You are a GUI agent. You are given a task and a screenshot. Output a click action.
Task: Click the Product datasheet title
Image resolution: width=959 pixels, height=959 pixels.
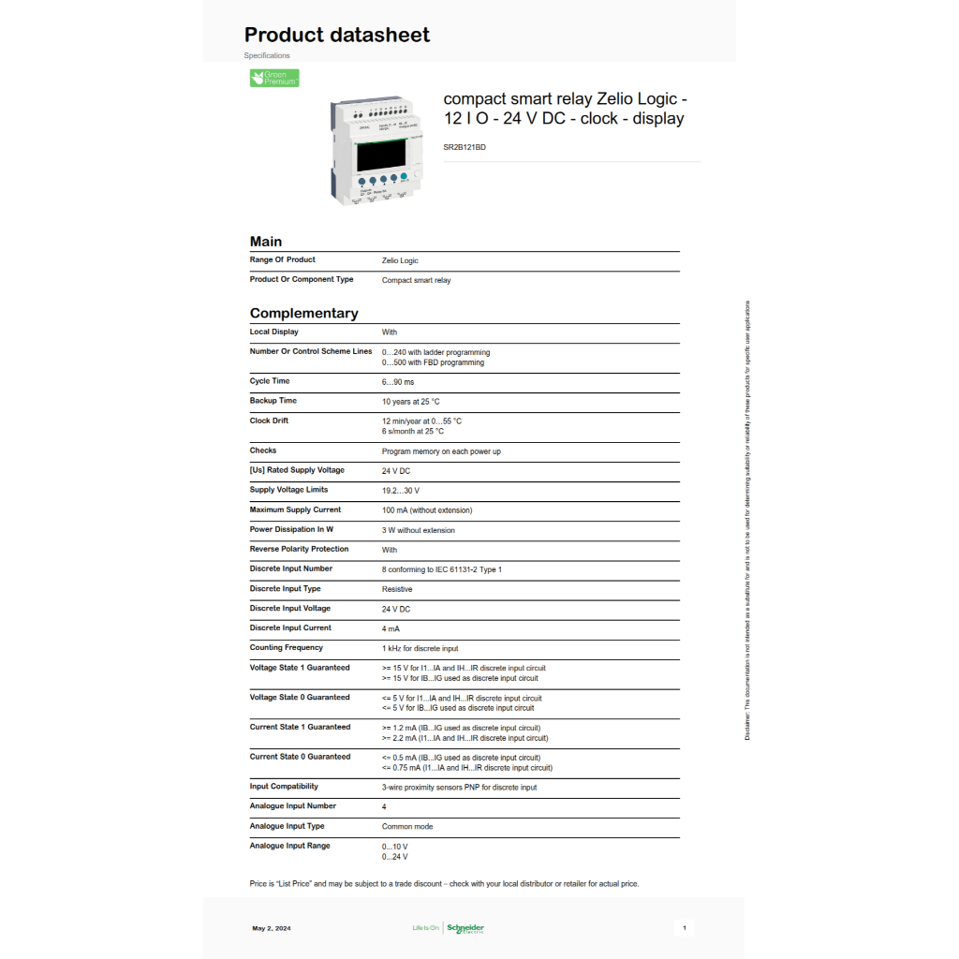(x=337, y=36)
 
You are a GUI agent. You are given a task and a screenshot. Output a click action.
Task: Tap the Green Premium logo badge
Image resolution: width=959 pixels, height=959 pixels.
(x=274, y=78)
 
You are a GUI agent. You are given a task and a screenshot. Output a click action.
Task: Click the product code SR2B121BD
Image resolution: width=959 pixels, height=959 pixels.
(x=465, y=147)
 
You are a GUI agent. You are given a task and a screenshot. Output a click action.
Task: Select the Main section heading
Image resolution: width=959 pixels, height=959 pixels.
(x=266, y=242)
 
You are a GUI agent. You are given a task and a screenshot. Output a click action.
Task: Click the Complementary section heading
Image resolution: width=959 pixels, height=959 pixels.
(x=303, y=314)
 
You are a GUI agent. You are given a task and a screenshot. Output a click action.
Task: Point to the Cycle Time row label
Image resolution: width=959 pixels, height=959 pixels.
(x=270, y=381)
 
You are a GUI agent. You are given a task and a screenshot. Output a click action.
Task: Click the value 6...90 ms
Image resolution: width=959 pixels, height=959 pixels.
(x=398, y=382)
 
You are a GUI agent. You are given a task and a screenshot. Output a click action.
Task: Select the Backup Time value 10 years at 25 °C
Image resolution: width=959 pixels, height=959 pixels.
(x=410, y=402)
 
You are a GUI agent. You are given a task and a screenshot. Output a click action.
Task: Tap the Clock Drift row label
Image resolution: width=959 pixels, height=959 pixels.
(x=269, y=420)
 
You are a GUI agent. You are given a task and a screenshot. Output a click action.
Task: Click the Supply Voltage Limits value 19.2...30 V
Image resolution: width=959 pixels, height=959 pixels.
(x=401, y=491)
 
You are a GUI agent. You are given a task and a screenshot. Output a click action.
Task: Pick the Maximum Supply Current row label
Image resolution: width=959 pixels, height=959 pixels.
(x=295, y=509)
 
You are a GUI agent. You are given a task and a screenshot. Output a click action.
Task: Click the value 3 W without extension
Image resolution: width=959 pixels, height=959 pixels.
(x=418, y=530)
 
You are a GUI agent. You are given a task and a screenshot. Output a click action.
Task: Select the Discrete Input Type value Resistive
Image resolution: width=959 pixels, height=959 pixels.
(x=397, y=589)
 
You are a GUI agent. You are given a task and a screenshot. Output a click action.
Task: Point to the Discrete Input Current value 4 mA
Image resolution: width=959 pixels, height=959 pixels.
(x=391, y=628)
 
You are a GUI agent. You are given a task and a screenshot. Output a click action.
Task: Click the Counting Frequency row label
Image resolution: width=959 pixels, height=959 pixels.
(x=286, y=647)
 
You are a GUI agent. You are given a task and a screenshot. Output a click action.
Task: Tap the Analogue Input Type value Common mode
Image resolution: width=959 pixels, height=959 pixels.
(x=407, y=827)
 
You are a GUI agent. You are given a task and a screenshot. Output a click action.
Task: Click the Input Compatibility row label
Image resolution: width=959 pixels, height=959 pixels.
(x=284, y=787)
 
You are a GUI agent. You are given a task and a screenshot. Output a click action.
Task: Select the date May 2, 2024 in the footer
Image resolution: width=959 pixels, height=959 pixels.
(x=272, y=928)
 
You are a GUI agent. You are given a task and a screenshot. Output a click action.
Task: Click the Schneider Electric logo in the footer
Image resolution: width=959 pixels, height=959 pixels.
(x=465, y=928)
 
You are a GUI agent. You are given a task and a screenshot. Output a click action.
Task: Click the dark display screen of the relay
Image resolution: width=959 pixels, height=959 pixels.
(x=381, y=155)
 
